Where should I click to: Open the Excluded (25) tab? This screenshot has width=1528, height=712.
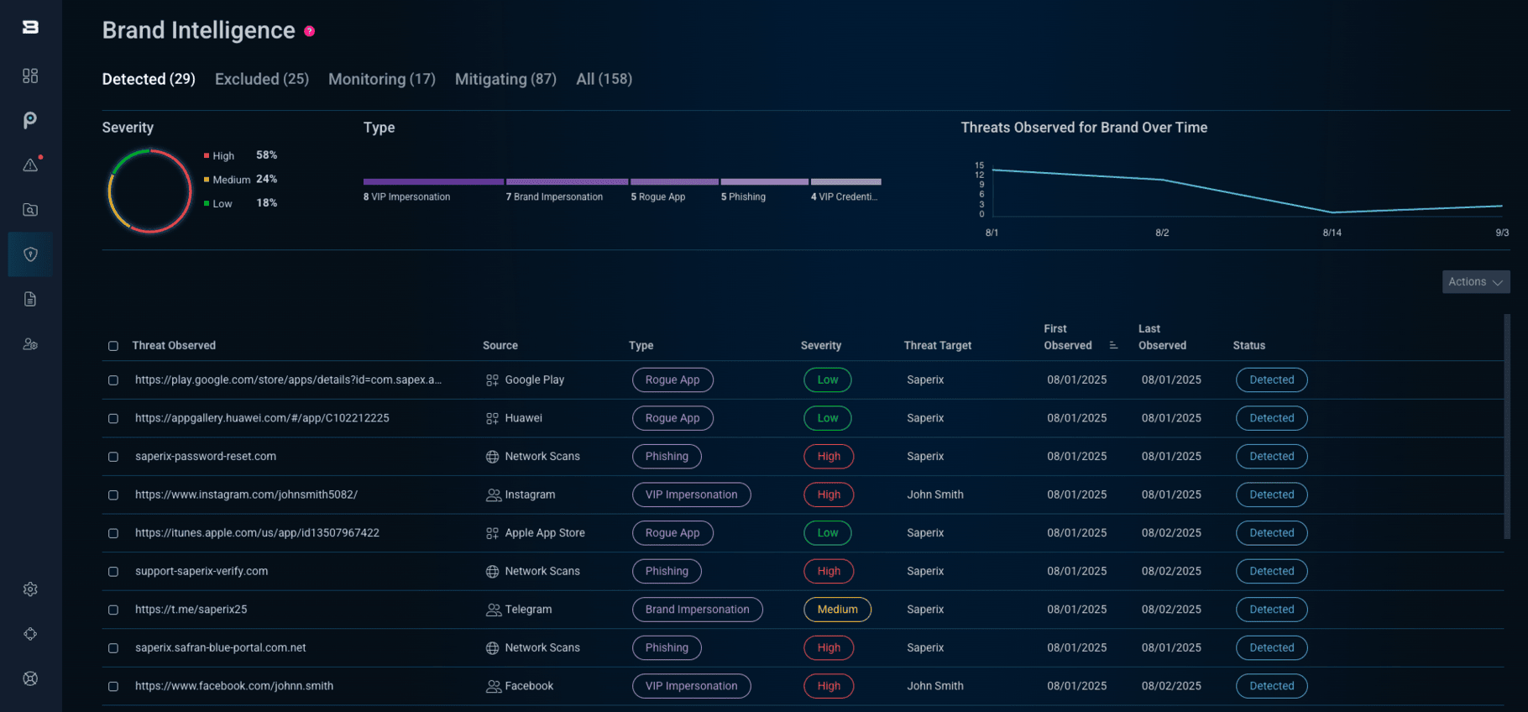pos(261,79)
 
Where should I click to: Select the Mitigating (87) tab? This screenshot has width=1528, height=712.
pos(505,79)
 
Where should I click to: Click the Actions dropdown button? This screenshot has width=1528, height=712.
pos(1475,282)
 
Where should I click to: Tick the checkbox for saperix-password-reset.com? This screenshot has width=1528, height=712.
pos(113,457)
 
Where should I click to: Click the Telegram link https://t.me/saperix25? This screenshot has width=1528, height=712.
pos(191,610)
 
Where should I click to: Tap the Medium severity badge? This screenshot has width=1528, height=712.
pos(837,610)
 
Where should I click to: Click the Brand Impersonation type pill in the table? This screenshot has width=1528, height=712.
pos(697,610)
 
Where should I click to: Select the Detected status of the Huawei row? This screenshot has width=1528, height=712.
pos(1271,418)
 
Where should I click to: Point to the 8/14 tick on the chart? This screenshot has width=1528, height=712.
pos(1332,233)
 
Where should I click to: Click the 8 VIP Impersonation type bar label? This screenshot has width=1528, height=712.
pos(406,197)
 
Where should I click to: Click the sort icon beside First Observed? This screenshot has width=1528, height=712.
pos(1113,345)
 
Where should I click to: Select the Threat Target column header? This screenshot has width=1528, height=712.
pos(937,346)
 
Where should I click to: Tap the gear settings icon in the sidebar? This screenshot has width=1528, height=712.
pos(30,589)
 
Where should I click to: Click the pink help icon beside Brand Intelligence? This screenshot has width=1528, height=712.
pos(309,31)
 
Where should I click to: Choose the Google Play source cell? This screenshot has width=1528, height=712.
pos(534,380)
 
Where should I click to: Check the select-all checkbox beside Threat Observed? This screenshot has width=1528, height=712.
pos(113,346)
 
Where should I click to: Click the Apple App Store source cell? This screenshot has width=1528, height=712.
pos(544,533)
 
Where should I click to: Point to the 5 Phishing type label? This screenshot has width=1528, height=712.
pos(743,197)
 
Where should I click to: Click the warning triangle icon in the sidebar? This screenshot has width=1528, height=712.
pos(30,165)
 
